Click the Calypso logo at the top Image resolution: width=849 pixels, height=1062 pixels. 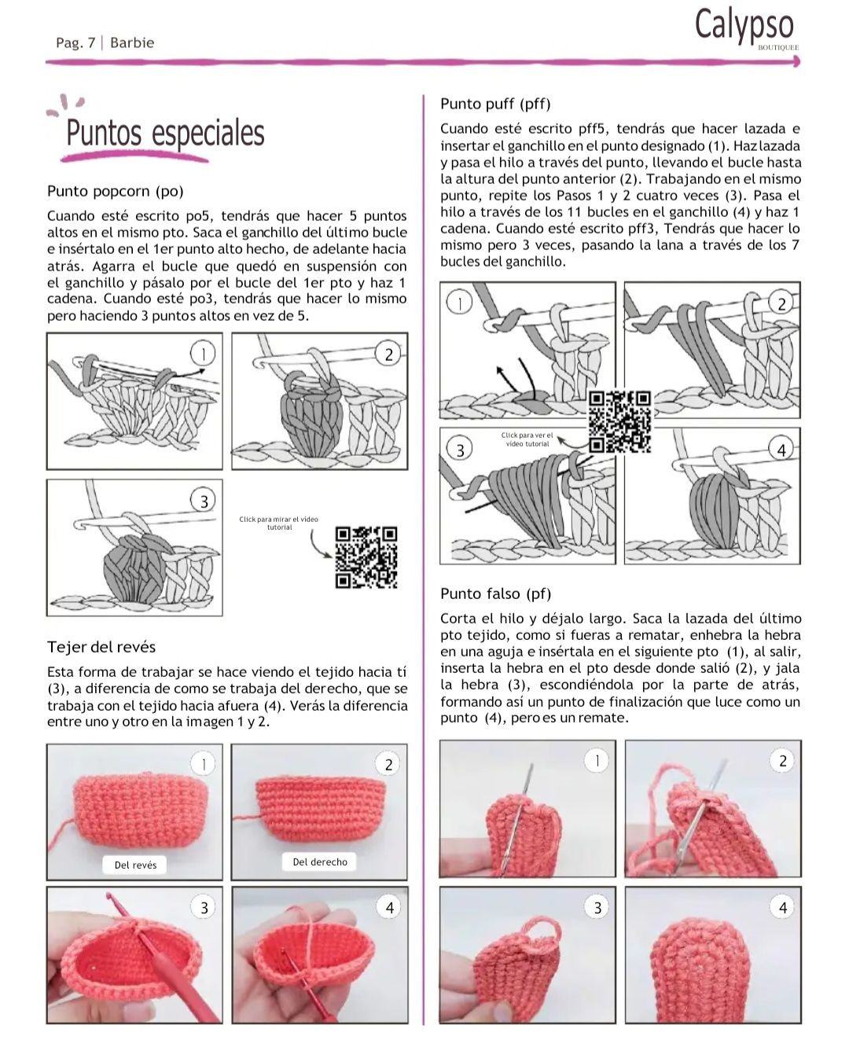coord(744,27)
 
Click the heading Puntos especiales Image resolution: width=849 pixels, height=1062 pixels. coord(165,133)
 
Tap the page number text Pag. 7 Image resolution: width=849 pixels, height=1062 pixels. coord(75,42)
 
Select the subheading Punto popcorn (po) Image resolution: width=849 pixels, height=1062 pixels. coord(115,191)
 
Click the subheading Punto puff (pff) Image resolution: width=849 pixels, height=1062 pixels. coord(495,104)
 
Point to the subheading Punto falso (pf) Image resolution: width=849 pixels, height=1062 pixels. coord(495,593)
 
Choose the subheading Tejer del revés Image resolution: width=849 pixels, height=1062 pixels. coord(101,647)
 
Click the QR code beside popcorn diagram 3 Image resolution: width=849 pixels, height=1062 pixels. coord(366,557)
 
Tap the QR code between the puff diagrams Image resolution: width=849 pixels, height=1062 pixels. coord(620,421)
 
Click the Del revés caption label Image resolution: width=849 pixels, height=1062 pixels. coord(135,865)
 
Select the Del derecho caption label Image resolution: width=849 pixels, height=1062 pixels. coord(320,862)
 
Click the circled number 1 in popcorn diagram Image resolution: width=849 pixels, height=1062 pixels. coord(203,354)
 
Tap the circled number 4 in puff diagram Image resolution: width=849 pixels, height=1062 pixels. coord(781,450)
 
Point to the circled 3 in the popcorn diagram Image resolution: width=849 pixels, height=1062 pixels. coord(204,501)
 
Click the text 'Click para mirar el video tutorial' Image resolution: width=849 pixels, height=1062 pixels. coord(279,523)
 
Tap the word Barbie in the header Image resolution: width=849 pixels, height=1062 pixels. coord(132,42)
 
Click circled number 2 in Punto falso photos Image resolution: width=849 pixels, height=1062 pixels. coord(782,761)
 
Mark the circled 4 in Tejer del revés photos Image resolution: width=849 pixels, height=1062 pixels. coord(389,907)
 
